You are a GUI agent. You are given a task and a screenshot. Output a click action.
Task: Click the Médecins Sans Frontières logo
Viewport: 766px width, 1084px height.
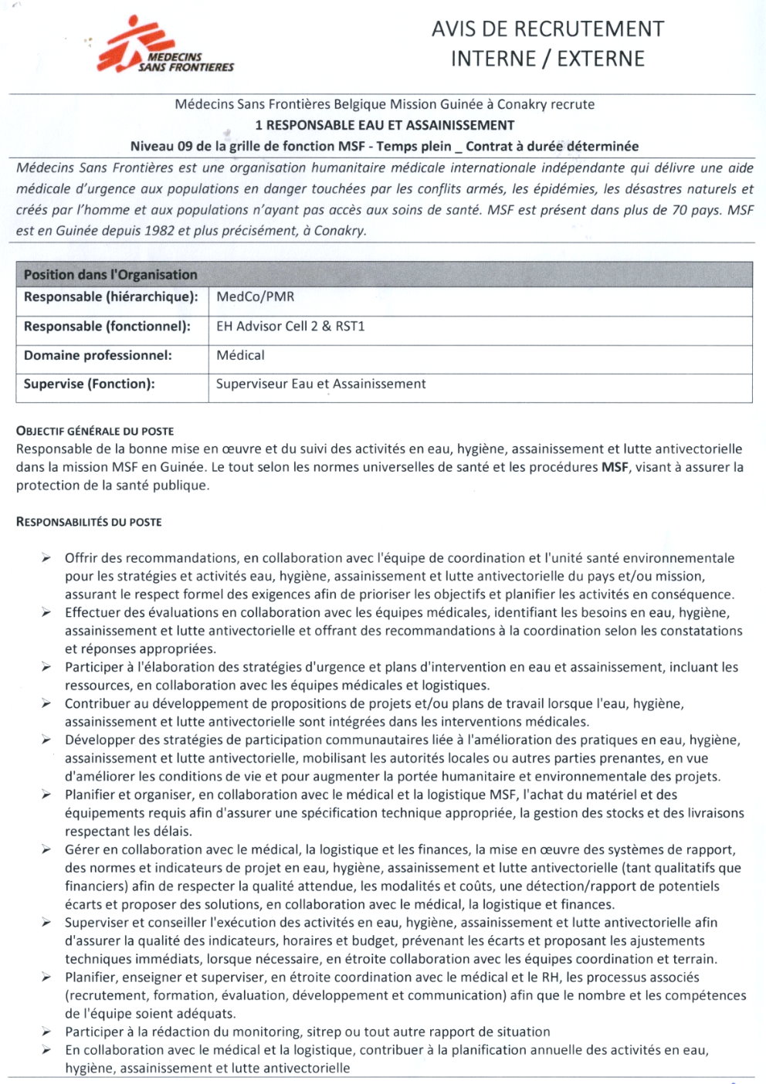[x=165, y=46]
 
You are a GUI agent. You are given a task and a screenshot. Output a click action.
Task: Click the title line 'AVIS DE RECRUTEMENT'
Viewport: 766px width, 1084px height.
[x=547, y=29]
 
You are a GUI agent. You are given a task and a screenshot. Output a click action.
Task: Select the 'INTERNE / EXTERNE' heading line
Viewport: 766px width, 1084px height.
[x=547, y=59]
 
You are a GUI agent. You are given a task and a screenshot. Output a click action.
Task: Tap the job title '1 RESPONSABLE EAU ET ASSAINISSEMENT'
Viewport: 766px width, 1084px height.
[x=385, y=125]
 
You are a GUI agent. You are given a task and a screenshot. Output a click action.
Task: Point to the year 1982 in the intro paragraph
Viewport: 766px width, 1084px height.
[x=159, y=230]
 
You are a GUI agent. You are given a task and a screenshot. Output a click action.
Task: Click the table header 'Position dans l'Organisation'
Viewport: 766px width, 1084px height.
[x=110, y=275]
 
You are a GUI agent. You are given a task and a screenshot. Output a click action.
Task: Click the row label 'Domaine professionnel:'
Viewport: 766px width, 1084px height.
[x=98, y=355]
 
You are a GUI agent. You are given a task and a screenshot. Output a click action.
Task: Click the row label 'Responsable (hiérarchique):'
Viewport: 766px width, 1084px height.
[x=110, y=297]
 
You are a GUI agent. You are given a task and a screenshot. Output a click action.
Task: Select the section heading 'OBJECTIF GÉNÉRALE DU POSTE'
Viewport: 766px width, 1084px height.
[x=95, y=431]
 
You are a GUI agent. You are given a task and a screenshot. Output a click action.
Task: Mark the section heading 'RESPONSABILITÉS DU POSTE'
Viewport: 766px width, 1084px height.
[x=89, y=522]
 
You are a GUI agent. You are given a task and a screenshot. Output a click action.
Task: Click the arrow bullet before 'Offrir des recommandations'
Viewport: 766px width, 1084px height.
[x=46, y=558]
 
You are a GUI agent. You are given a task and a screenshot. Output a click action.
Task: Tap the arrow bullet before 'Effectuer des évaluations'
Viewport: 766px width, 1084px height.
[x=46, y=613]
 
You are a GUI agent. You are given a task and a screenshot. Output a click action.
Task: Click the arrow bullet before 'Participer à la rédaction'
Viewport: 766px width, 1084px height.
[x=46, y=1032]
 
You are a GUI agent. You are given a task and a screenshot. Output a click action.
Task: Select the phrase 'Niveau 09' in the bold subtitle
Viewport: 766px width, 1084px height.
[x=160, y=146]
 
